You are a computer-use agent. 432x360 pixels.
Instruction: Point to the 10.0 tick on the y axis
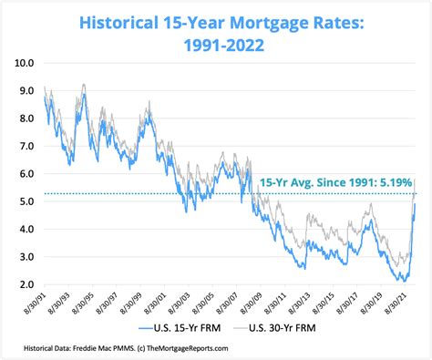click(26, 63)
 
